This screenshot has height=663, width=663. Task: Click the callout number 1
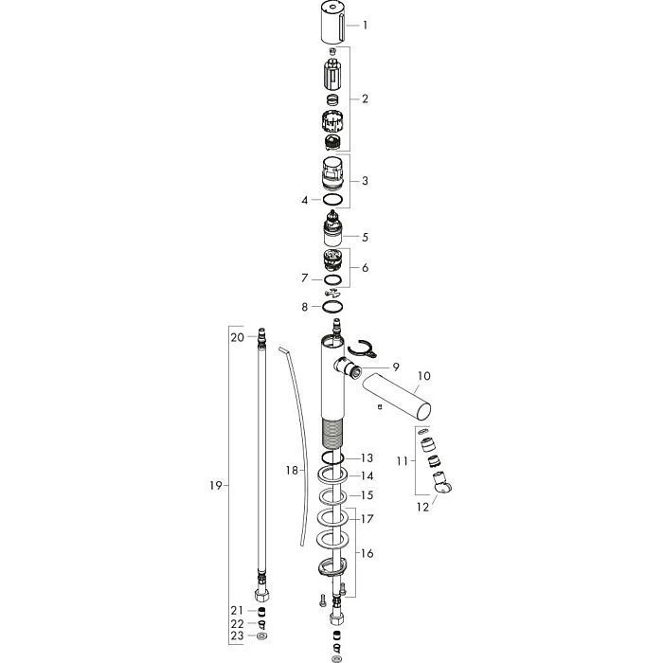tap(365, 26)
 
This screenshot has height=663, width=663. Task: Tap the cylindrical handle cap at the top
tap(334, 22)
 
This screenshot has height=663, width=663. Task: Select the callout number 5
tap(365, 237)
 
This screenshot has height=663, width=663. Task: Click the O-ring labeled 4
tap(332, 200)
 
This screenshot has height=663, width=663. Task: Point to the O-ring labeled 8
tap(332, 306)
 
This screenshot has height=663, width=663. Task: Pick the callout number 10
tap(423, 376)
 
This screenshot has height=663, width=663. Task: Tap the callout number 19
tap(216, 485)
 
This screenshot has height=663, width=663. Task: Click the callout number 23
tap(237, 636)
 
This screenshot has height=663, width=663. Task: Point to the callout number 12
tap(422, 507)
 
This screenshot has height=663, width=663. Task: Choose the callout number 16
tap(367, 553)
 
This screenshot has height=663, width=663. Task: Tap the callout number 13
tap(367, 457)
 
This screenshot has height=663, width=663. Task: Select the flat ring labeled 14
tap(332, 475)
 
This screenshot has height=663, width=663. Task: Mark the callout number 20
tap(237, 337)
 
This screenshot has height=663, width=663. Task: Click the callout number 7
tap(304, 278)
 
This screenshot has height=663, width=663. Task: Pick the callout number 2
tap(365, 99)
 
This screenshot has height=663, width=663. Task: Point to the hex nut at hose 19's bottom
tap(262, 595)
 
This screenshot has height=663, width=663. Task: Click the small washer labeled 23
tap(262, 636)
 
